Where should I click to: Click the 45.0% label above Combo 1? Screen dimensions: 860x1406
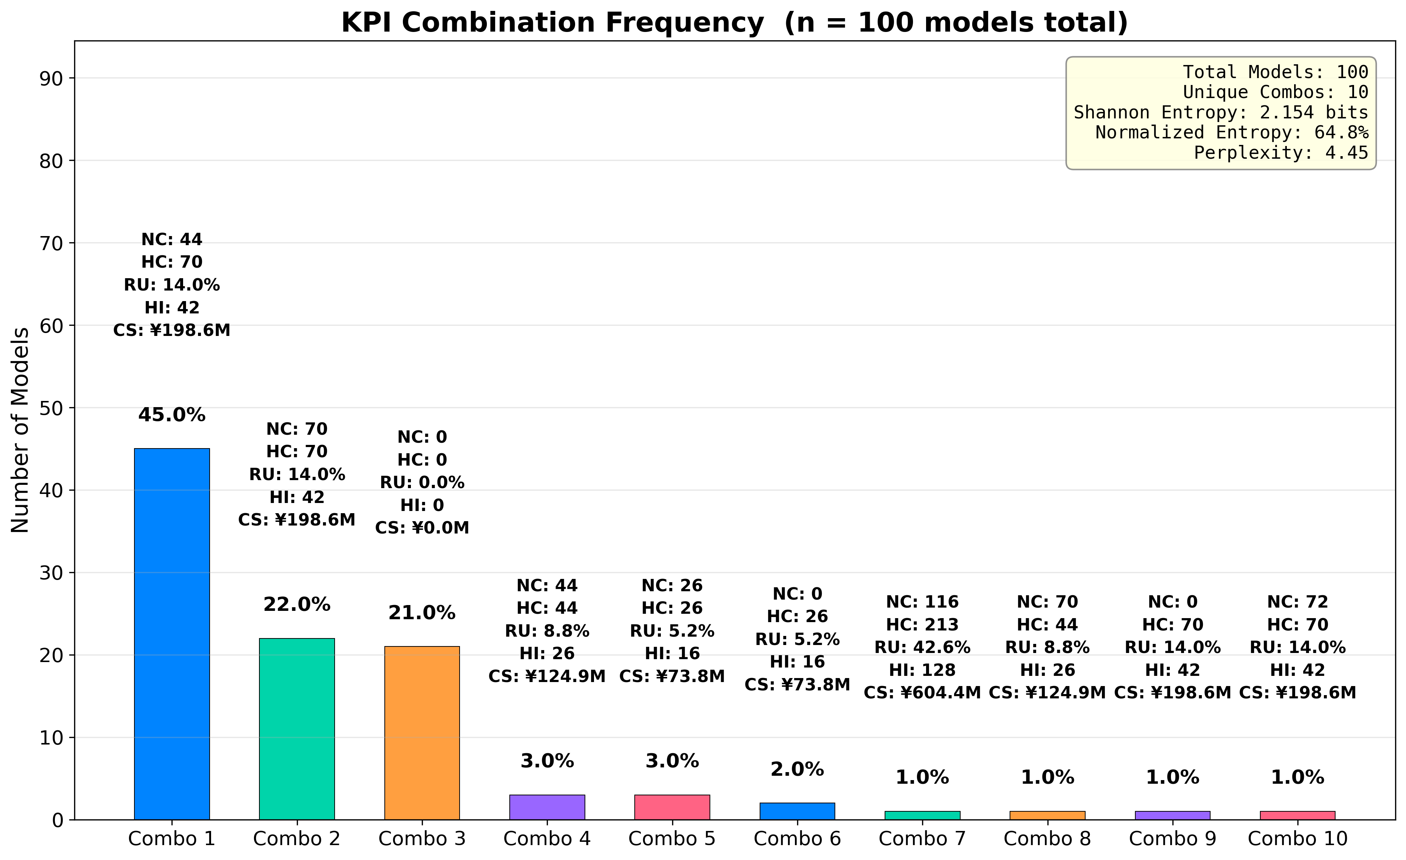pyautogui.click(x=172, y=415)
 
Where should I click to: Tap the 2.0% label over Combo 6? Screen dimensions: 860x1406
pyautogui.click(x=797, y=769)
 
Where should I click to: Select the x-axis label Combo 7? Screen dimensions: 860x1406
pyautogui.click(x=922, y=838)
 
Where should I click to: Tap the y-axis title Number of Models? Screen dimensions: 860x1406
pyautogui.click(x=21, y=430)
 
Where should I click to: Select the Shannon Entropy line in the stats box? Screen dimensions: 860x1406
pyautogui.click(x=1221, y=112)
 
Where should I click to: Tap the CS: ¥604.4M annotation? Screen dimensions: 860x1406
pyautogui.click(x=922, y=693)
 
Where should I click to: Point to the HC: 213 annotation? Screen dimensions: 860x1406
pyautogui.click(x=922, y=624)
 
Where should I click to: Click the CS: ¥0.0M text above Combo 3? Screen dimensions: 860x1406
pyautogui.click(x=422, y=528)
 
